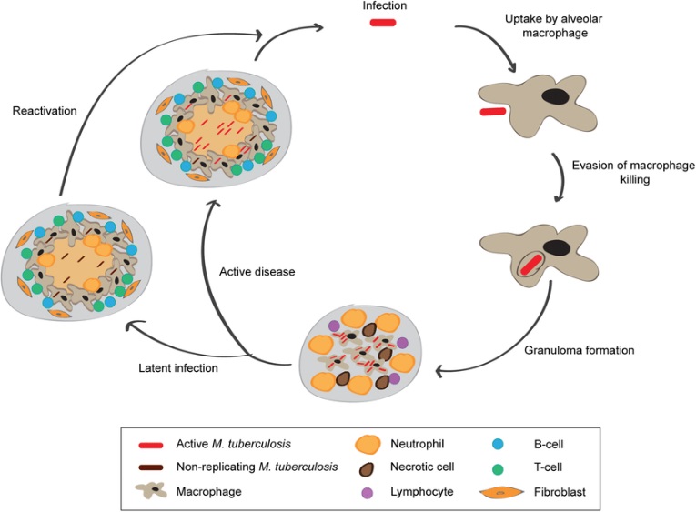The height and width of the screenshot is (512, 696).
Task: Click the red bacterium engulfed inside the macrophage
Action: (530, 265)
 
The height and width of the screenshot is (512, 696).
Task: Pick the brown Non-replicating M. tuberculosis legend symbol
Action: (150, 467)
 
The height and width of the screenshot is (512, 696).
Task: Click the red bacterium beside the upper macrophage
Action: (493, 112)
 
